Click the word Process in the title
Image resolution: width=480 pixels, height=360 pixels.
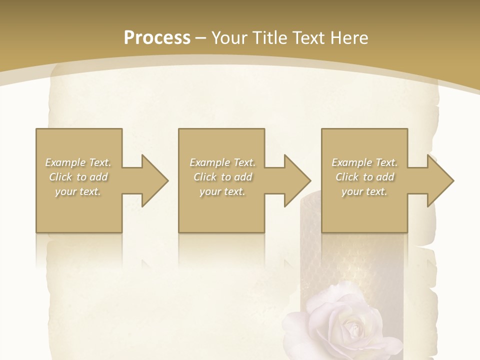(157, 38)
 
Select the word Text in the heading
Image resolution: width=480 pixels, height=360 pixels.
(307, 38)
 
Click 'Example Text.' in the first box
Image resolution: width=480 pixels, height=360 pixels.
(78, 162)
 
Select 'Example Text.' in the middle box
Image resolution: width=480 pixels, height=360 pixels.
(222, 162)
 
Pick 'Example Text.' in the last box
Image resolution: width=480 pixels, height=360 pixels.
(364, 162)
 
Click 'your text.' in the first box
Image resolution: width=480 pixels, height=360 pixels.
(78, 191)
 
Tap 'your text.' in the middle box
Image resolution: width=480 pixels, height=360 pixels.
(222, 191)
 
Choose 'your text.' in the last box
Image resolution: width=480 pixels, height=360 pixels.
(364, 191)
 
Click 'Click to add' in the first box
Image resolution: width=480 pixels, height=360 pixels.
(78, 177)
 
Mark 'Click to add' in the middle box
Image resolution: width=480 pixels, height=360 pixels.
(222, 177)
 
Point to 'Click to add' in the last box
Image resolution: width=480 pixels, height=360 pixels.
(364, 177)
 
